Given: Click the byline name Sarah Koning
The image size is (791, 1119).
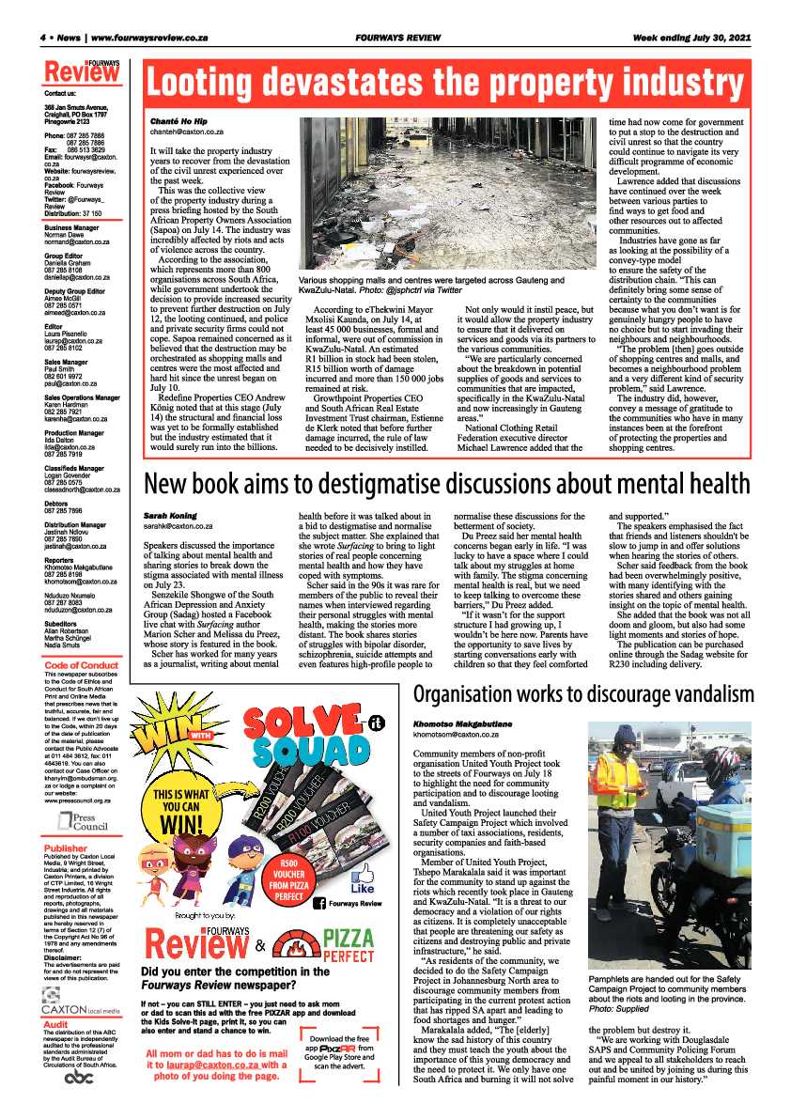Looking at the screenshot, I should point(170,516).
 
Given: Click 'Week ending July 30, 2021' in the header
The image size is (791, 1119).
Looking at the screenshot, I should point(691,38).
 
